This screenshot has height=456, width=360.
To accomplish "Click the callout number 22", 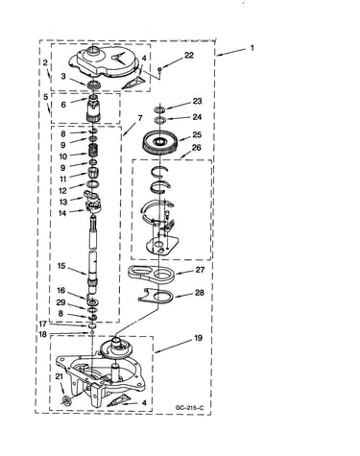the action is tap(189, 55).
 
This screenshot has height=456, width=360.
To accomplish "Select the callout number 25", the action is tap(197, 134).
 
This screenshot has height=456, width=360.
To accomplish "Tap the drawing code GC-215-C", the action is tap(189, 408).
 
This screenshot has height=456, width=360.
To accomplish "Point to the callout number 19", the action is tap(198, 338).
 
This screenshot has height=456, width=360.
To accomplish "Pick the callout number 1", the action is tap(252, 48).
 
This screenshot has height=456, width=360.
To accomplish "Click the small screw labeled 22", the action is tap(160, 68).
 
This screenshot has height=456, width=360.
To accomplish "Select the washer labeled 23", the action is tap(159, 109).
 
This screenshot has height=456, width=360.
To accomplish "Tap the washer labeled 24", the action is tap(159, 120).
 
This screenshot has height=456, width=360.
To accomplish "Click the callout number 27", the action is tap(200, 270).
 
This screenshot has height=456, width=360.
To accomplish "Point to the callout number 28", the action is tap(199, 293).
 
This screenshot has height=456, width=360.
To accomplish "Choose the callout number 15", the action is tap(61, 266).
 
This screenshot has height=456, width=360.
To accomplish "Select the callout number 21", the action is tap(60, 377).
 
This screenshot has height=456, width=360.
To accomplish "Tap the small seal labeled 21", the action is tap(67, 400).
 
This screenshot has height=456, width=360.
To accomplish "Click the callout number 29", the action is tap(60, 302).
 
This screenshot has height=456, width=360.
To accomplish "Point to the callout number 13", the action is tap(63, 202).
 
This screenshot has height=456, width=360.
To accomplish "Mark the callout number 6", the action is tap(63, 105).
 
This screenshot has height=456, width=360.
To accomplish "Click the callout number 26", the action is tap(197, 148).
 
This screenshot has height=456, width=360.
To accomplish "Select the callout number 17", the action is tap(43, 324).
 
